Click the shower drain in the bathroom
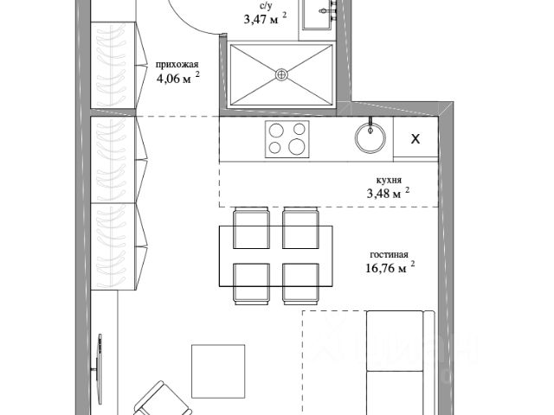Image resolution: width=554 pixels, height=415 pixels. click(281, 74)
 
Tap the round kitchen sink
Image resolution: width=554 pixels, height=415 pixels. click(370, 137)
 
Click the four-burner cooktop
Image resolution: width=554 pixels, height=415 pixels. click(287, 139)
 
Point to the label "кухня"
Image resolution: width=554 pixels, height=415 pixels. click(389, 180)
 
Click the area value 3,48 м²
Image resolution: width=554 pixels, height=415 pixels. click(388, 193)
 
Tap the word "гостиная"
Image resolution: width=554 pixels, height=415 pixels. click(389, 254)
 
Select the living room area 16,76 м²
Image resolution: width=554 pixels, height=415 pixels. click(390, 267)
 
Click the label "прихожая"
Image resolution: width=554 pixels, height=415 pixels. click(177, 65)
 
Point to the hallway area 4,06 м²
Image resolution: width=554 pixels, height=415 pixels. click(177, 78)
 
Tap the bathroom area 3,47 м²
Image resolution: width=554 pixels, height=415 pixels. click(265, 18)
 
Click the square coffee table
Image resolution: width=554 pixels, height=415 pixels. click(218, 371)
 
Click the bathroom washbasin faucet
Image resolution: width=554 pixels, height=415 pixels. click(327, 10)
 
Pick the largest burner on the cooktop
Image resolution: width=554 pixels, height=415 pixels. click(296, 146)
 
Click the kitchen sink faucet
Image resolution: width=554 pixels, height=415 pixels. click(370, 124)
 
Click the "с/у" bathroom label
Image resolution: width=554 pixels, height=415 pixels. click(265, 6)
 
